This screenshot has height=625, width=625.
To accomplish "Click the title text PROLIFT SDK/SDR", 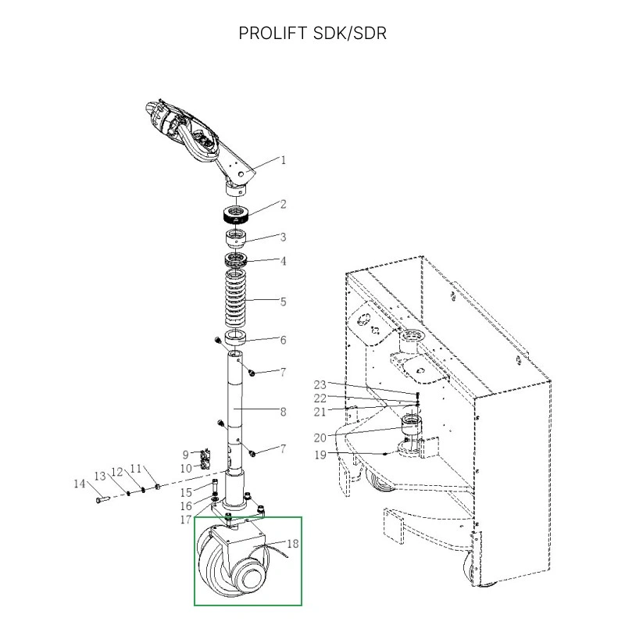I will pos(312,34).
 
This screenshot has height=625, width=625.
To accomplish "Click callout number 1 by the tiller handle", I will pos(284,160).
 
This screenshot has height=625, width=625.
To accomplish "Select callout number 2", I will pos(283,205).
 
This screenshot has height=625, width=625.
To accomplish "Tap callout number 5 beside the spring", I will pos(283,302).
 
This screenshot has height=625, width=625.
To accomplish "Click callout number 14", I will pos(79,484).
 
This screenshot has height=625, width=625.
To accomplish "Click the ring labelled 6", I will pos(237,338).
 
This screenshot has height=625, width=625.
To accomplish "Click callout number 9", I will pos(186,454).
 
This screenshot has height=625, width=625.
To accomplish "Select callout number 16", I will pos(186,506).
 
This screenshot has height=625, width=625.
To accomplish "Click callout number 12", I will pos(116,472).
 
